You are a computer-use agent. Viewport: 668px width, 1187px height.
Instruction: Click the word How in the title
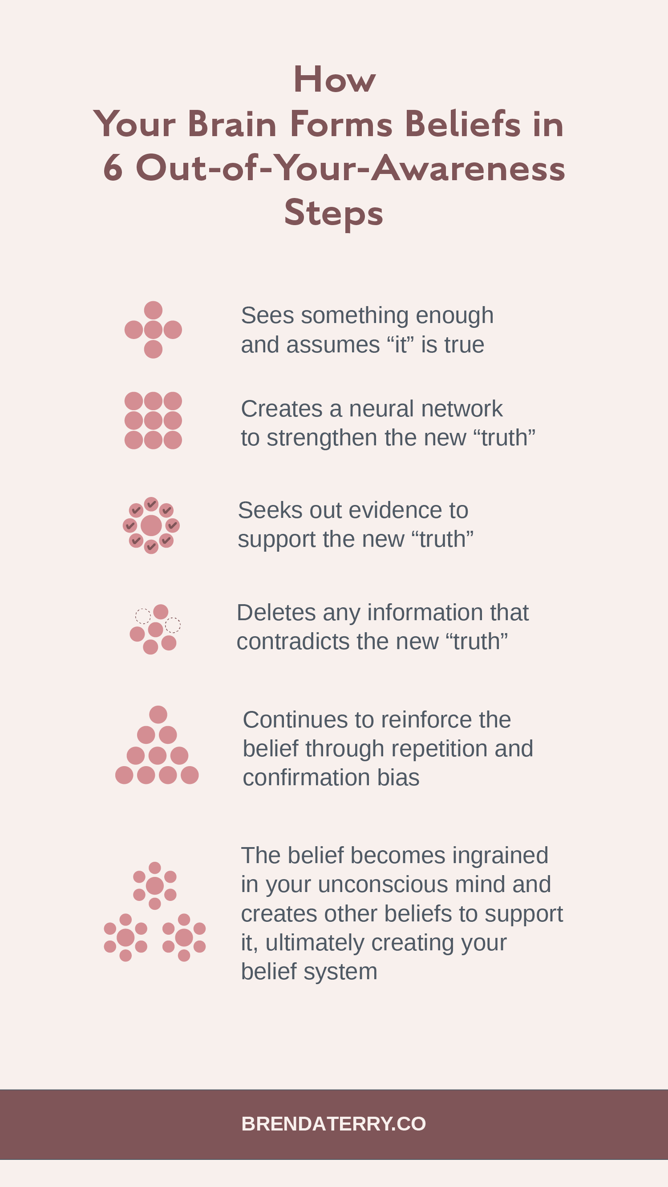334,80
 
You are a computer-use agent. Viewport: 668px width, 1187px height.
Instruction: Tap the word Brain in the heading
232,124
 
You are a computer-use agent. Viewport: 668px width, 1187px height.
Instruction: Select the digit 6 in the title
113,168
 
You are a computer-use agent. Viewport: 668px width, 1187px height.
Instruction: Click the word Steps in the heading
333,212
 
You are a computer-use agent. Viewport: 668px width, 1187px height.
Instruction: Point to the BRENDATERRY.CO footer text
333,1124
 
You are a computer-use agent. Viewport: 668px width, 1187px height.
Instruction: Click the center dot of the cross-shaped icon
153,330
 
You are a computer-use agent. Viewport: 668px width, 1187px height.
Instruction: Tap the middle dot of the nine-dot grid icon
153,420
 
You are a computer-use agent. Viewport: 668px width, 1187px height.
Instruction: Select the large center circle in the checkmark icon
151,525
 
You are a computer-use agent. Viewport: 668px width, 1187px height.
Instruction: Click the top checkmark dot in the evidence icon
151,504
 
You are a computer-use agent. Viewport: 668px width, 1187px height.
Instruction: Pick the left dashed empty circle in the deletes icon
142,616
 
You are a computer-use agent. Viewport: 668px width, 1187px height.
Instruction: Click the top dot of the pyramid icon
158,715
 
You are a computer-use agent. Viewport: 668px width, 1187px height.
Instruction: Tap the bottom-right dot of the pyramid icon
190,775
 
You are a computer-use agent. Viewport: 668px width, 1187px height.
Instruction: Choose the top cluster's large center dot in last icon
155,886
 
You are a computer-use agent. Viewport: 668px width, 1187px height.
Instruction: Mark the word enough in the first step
454,315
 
